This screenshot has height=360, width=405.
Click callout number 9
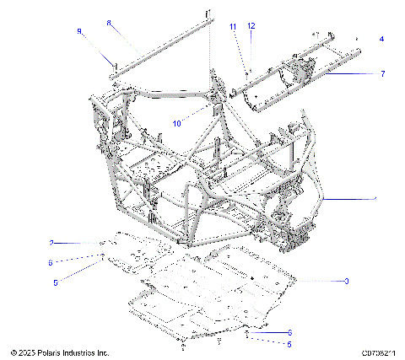click(x=79, y=31)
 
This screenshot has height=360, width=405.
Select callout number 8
click(x=108, y=24)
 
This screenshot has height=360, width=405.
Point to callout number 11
click(x=233, y=28)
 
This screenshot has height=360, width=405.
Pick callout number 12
click(x=251, y=27)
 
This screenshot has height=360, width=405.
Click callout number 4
click(x=381, y=39)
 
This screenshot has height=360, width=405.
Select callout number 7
click(x=382, y=74)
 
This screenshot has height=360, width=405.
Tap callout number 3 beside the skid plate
click(x=346, y=280)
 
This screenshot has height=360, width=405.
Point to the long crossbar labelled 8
click(x=160, y=49)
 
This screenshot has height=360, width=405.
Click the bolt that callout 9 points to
click(x=112, y=64)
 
